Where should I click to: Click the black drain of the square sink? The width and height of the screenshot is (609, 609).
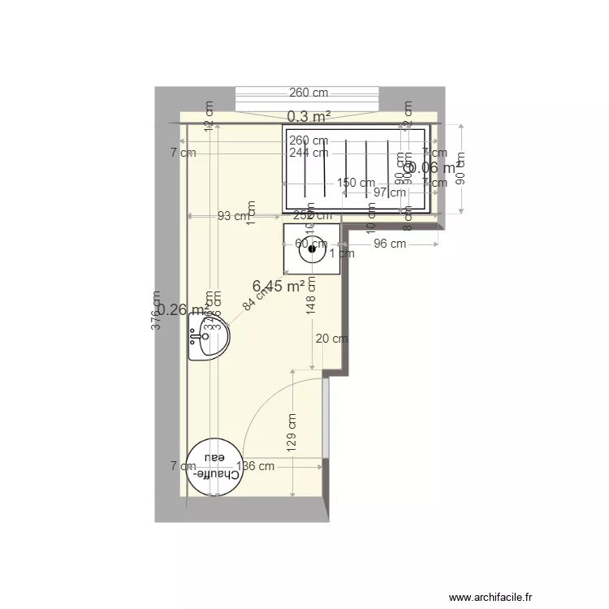tap(311, 251)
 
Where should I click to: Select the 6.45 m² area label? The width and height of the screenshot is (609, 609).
tap(279, 286)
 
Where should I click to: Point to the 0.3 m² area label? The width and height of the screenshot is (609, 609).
tap(308, 117)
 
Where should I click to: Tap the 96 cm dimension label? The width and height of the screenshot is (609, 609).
tap(389, 244)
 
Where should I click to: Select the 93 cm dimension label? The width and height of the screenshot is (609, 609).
tap(233, 216)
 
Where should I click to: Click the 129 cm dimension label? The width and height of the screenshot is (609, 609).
tap(292, 431)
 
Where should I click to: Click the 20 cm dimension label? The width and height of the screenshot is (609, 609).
tap(332, 339)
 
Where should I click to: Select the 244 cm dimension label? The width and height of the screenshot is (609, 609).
tap(308, 152)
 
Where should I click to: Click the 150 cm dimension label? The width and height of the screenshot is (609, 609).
tap(356, 183)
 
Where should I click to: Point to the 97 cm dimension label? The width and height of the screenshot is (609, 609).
tap(390, 192)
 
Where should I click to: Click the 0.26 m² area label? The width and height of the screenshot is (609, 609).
tap(180, 309)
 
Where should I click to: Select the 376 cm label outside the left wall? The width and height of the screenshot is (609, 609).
tap(157, 309)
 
